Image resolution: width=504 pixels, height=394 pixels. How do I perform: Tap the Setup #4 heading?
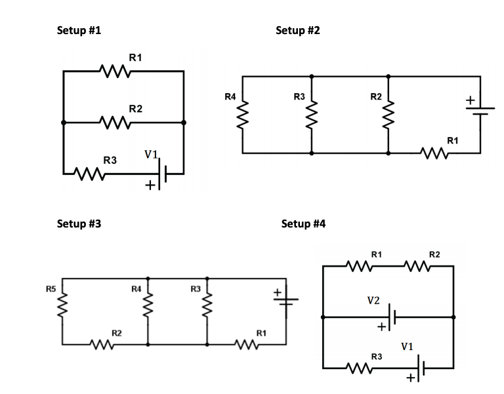303,224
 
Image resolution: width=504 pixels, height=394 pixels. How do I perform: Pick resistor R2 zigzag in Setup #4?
418,266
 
